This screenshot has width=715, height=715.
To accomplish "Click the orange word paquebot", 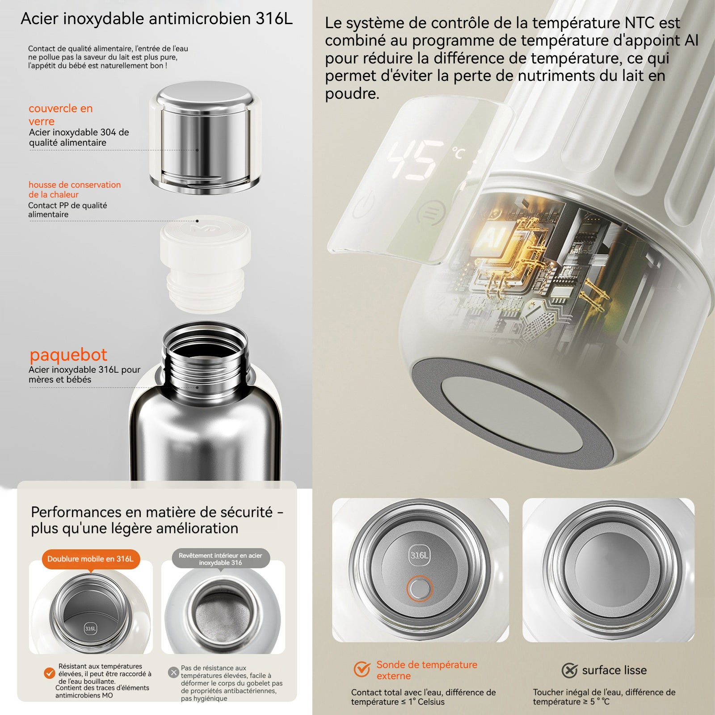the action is (x=68, y=355).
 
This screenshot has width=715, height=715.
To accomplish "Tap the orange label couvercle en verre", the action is (x=61, y=115).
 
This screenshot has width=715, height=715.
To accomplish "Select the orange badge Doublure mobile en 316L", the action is (x=91, y=559).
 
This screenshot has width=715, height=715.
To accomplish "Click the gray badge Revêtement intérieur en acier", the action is (x=221, y=559).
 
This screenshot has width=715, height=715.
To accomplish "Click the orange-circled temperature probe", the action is (x=420, y=589).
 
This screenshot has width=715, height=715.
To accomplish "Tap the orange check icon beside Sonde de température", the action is (x=362, y=669).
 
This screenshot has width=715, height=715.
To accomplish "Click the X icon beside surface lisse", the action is (x=569, y=670).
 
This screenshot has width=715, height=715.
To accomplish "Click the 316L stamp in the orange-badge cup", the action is (x=90, y=628).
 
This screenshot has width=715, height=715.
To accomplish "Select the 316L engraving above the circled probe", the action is (x=420, y=555).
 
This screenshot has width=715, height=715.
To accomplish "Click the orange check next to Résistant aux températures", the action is (x=50, y=673).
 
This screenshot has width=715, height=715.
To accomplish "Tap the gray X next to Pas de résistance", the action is (x=173, y=672).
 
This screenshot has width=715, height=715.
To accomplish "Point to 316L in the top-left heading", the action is (x=274, y=19).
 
